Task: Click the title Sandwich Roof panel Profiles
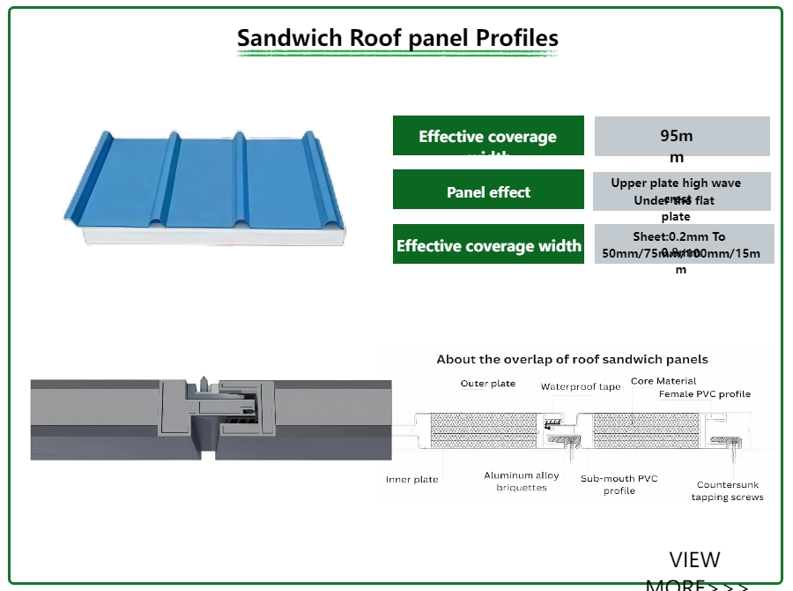397,39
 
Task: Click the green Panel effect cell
488,191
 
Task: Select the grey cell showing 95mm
682,137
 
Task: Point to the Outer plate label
487,384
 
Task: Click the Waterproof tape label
581,387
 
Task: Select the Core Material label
663,381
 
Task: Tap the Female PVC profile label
705,394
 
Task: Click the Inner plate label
411,480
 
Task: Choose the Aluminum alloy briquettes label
522,482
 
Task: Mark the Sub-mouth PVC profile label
619,484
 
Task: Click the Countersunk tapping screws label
727,491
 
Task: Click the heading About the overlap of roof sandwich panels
572,359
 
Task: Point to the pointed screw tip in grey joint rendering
203,384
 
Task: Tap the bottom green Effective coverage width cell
488,244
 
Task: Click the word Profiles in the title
516,39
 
